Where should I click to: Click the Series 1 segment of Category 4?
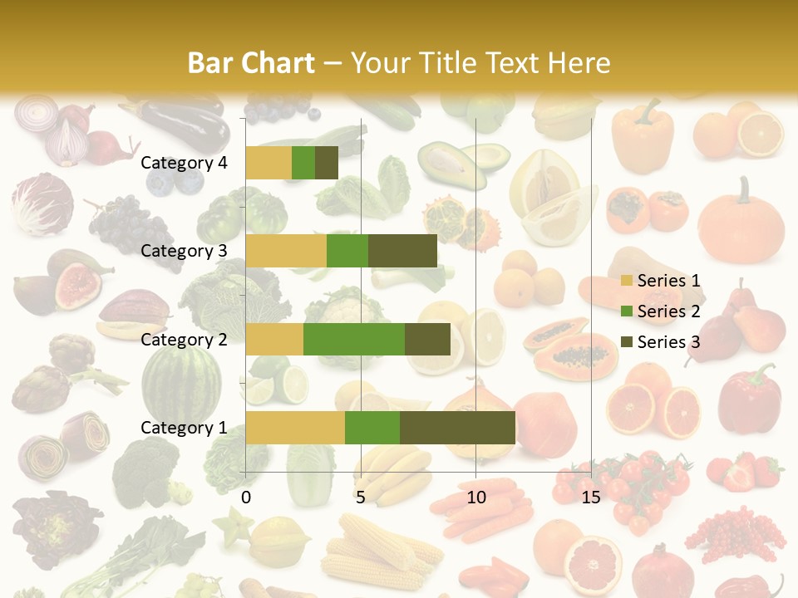(x=268, y=163)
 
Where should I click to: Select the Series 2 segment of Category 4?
(x=303, y=163)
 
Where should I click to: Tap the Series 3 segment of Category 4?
(x=327, y=163)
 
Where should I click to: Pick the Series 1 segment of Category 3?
(x=286, y=251)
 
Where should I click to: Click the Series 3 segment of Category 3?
(x=402, y=251)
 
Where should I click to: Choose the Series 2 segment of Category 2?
(x=354, y=339)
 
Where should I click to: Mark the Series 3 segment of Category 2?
(x=427, y=339)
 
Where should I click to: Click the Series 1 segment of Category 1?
(x=295, y=428)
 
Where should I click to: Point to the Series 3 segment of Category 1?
(x=457, y=428)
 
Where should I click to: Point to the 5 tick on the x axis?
(x=361, y=498)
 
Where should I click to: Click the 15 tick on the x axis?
(x=590, y=498)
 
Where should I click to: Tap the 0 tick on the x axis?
(x=246, y=498)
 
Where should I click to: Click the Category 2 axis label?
(x=184, y=339)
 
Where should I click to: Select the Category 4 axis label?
(x=184, y=163)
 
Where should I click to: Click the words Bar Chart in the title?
(x=251, y=63)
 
